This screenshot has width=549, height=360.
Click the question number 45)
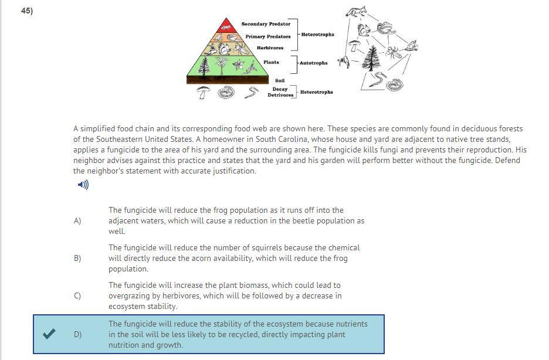[x=27, y=11]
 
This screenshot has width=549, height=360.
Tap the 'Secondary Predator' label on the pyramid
[x=266, y=24]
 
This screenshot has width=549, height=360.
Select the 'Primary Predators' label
[x=267, y=36]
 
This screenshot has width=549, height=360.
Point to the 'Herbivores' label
[x=270, y=48]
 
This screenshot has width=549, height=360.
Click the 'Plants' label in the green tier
[x=271, y=62]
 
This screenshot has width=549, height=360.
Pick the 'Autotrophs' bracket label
[x=314, y=63]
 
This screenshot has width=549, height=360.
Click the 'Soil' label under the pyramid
[x=280, y=80]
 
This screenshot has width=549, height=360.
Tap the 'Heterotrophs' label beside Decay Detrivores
[x=316, y=92]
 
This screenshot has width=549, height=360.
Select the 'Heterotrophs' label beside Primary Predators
[x=318, y=35]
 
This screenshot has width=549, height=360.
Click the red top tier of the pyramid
[x=226, y=25]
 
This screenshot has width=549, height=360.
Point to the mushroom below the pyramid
[x=203, y=92]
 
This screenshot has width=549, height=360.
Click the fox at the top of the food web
[x=355, y=12]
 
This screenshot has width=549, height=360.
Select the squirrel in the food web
[x=364, y=29]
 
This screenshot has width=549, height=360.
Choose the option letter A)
[x=77, y=221]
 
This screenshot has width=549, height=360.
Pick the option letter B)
[x=77, y=259]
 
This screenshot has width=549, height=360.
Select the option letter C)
[x=77, y=296]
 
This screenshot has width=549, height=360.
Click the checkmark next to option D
[x=50, y=334]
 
